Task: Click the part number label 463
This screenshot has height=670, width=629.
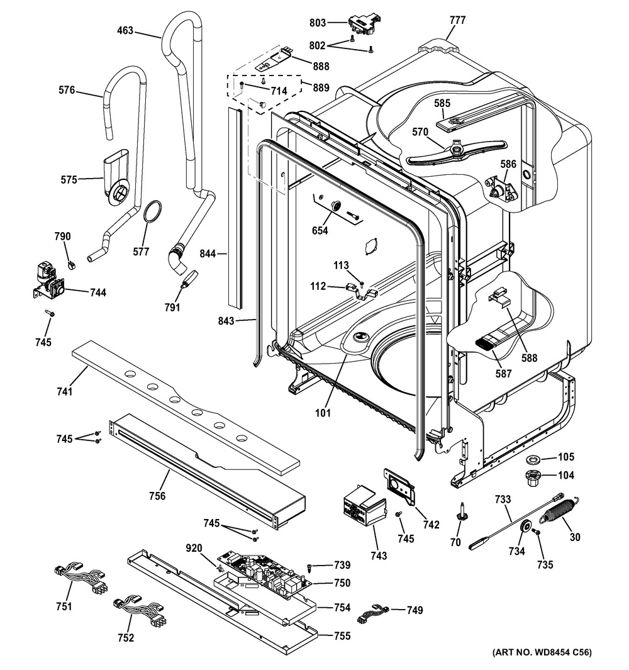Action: pyautogui.click(x=125, y=30)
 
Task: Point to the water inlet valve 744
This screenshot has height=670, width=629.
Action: pyautogui.click(x=47, y=282)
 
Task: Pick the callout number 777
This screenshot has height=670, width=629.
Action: pyautogui.click(x=457, y=20)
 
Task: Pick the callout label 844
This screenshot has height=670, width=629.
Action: pyautogui.click(x=208, y=254)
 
